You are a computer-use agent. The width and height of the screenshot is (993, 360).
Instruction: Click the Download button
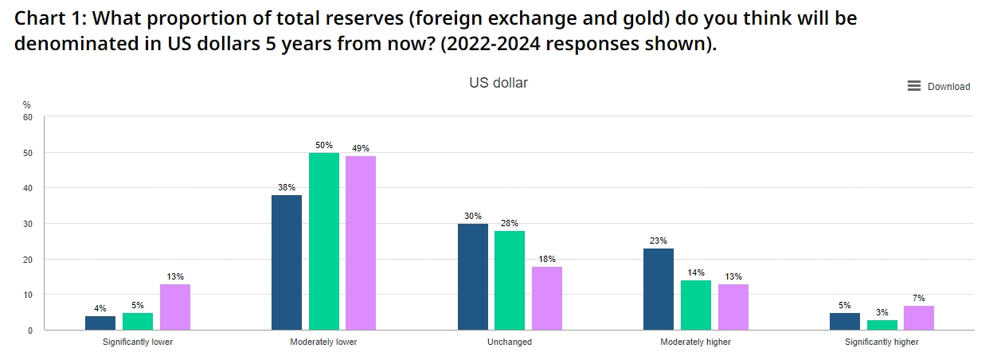pos(948,87)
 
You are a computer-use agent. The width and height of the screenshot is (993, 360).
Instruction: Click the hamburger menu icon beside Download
pos(914,86)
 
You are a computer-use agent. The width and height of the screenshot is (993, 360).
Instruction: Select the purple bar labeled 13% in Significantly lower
pos(175,307)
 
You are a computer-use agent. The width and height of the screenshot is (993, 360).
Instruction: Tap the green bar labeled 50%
pos(324,241)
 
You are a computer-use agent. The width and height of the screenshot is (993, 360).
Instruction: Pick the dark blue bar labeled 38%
pos(287,262)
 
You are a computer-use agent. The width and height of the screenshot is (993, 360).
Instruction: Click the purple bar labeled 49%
pos(361,242)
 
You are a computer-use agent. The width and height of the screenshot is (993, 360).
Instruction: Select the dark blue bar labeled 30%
pos(473,276)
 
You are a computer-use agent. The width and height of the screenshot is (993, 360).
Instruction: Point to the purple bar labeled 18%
pos(547,298)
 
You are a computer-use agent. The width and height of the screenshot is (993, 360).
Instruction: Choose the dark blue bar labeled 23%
pos(659,289)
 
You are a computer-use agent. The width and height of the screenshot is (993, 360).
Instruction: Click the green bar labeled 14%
pos(696,305)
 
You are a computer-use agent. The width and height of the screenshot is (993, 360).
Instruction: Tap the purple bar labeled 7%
pos(919,318)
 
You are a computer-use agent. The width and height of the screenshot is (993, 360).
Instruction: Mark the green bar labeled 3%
pos(882,325)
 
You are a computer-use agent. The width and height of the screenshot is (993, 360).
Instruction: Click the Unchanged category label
pos(510,342)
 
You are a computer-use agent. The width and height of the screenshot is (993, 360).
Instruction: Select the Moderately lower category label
pos(323,342)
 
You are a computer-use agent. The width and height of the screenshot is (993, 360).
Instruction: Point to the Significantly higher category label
pos(882,342)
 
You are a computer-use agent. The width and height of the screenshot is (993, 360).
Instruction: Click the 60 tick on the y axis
pos(28,117)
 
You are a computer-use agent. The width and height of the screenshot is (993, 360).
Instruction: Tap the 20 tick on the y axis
pos(28,260)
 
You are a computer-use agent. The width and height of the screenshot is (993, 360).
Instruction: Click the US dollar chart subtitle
pos(498,83)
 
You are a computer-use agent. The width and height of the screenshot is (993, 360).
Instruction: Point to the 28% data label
pos(510,223)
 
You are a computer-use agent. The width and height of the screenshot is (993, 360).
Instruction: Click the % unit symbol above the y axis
pos(26,104)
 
